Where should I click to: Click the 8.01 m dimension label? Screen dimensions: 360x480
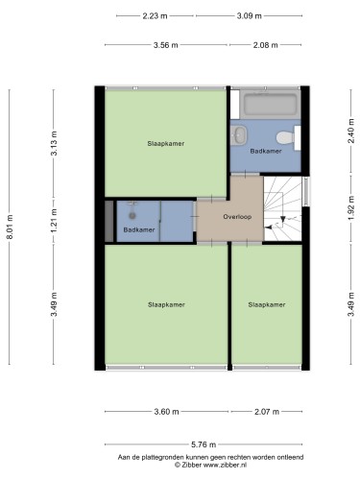click(10, 227)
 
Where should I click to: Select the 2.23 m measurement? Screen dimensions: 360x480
click(155, 16)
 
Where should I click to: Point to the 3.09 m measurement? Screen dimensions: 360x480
click(250, 16)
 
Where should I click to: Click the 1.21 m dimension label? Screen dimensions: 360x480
click(54, 221)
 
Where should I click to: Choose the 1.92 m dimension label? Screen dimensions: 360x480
click(351, 208)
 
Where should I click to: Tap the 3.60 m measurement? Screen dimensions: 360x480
click(166, 412)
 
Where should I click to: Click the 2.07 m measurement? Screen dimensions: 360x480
click(267, 412)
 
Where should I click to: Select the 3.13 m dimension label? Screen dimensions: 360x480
click(54, 143)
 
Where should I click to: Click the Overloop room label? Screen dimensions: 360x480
click(237, 217)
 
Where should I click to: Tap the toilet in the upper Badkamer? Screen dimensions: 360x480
click(286, 137)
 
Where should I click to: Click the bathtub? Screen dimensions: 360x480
click(270, 104)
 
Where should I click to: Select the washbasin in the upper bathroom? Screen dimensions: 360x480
click(239, 135)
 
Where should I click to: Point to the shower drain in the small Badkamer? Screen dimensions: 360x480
click(132, 216)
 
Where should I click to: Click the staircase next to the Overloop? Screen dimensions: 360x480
click(282, 208)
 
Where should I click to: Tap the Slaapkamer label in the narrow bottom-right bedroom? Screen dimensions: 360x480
click(267, 304)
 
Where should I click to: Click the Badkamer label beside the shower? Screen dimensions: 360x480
click(139, 229)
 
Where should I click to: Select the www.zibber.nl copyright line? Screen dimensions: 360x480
click(210, 465)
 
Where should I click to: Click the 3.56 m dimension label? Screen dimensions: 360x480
click(166, 45)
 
